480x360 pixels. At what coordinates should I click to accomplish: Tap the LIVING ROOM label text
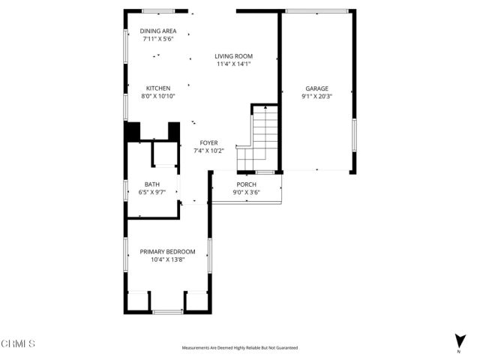[x=233, y=56]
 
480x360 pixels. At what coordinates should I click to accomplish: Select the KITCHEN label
[x=157, y=88]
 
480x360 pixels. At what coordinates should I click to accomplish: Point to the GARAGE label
[x=316, y=88]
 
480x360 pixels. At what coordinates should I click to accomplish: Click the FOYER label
[x=209, y=142]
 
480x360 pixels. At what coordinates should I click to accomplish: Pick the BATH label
[x=152, y=184]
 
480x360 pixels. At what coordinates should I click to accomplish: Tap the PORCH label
[x=247, y=184]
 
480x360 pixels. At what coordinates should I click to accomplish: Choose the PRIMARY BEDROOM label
[x=167, y=252]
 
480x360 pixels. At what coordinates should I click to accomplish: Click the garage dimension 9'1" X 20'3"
[x=316, y=96]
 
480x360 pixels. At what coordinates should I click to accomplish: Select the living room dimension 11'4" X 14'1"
[x=233, y=64]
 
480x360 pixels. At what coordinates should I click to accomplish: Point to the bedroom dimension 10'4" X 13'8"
[x=167, y=259]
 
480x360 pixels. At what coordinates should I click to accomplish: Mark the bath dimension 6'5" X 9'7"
[x=152, y=192]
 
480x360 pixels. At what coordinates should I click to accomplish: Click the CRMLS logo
[x=18, y=344]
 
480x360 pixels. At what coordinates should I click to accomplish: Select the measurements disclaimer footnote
[x=239, y=348]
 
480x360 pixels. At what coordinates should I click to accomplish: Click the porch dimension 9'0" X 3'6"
[x=247, y=192]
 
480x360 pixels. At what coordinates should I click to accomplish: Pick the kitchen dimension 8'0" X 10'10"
[x=157, y=96]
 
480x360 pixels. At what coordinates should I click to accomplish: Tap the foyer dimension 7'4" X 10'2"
[x=209, y=150]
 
